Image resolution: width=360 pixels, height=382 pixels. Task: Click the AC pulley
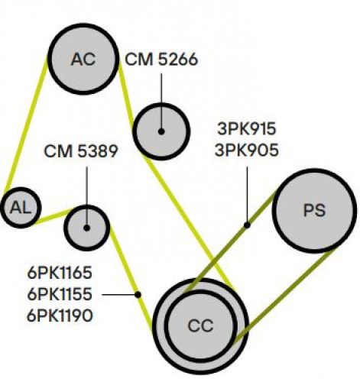tap(83, 59)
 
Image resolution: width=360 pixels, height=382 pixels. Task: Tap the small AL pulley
tap(21, 208)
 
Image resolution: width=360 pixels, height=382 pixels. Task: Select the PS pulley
tap(314, 211)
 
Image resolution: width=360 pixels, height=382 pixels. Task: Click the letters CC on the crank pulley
tap(200, 325)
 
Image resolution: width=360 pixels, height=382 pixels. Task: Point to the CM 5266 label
tap(161, 60)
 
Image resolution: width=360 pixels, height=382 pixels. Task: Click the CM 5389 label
tap(81, 151)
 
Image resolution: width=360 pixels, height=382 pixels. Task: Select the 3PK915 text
tap(247, 128)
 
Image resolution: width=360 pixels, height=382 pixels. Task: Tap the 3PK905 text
tap(247, 150)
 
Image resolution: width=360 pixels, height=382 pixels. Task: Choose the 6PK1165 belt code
tap(60, 273)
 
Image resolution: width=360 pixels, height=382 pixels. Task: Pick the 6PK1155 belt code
tap(60, 294)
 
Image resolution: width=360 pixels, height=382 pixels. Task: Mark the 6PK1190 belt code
tap(60, 316)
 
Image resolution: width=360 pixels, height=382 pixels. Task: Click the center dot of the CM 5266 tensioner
tap(161, 131)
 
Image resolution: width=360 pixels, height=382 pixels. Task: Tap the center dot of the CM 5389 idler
tap(86, 228)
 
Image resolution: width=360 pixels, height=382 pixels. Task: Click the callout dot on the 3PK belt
tap(247, 225)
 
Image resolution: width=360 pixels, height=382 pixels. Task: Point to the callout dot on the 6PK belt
tap(138, 295)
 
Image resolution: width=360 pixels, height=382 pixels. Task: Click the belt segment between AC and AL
tap(26, 125)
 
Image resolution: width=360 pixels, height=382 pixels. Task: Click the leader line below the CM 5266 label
tap(161, 101)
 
